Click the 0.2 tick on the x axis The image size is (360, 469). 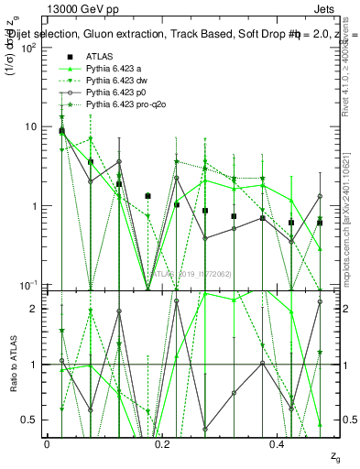tap(161, 444)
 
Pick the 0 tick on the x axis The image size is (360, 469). tap(46, 444)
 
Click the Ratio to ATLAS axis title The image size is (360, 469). tap(13, 364)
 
